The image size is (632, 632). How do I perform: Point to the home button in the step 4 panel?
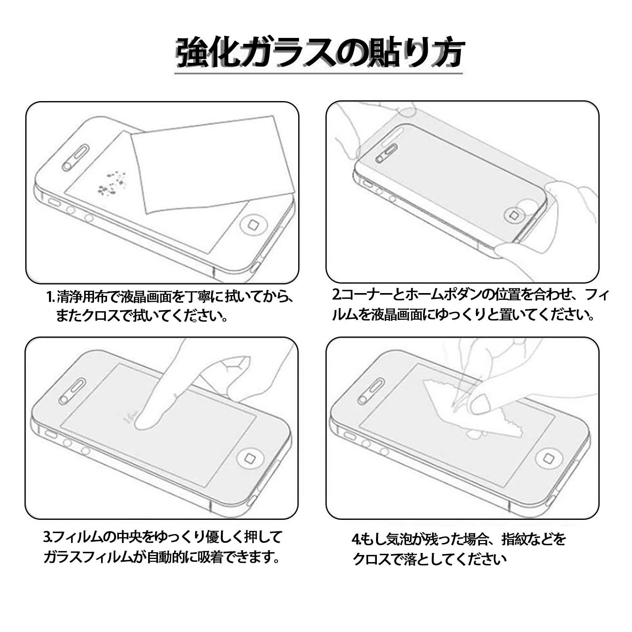tap(548, 459)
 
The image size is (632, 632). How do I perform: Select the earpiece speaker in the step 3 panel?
tap(72, 391)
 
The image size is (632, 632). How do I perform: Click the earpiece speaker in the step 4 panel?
tap(371, 391)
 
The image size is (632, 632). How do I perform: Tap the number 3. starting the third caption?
tap(48, 537)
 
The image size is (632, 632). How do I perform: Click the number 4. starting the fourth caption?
tap(356, 538)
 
